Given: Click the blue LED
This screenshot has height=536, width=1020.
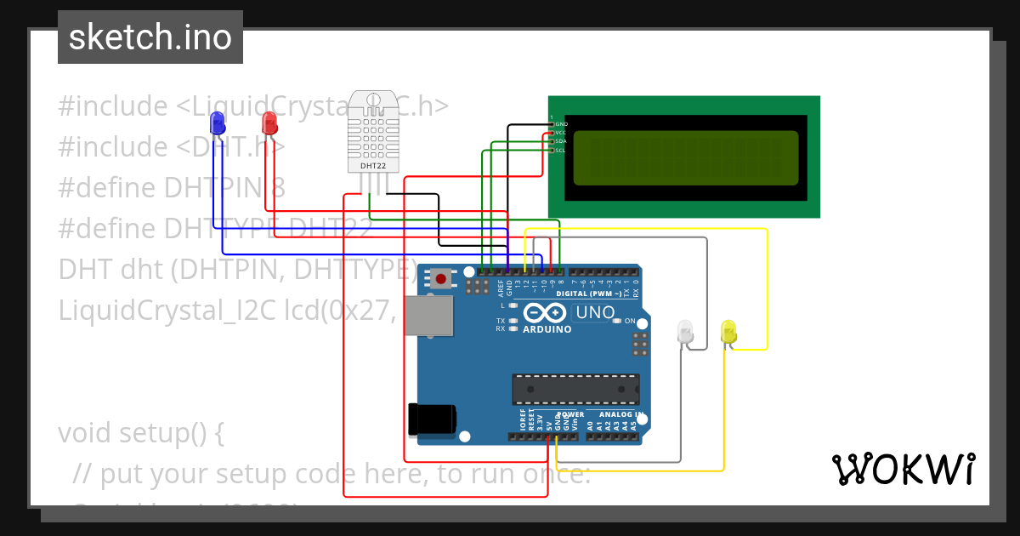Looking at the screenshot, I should [218, 122].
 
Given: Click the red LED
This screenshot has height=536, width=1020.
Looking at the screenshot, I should [269, 122].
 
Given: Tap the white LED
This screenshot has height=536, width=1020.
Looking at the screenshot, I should [685, 331].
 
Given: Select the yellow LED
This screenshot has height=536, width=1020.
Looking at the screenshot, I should [728, 331].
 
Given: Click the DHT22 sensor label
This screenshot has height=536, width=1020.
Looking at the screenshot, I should [373, 166].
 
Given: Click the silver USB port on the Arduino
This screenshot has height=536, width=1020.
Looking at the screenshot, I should [428, 315].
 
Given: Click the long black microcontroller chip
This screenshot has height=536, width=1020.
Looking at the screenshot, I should [575, 389].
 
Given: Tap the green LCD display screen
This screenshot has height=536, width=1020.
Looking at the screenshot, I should [686, 158].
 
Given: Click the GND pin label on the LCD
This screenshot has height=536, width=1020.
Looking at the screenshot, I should [561, 124].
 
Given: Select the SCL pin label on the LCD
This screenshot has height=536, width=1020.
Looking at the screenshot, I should [560, 151].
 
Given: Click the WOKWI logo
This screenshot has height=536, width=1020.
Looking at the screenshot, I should [903, 469].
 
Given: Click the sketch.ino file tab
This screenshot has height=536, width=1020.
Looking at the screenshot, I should [150, 37].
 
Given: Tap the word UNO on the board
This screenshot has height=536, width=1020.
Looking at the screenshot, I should [595, 312].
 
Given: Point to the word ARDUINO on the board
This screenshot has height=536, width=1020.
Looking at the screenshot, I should [547, 329].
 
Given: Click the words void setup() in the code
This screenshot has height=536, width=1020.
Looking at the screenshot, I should [140, 433].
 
